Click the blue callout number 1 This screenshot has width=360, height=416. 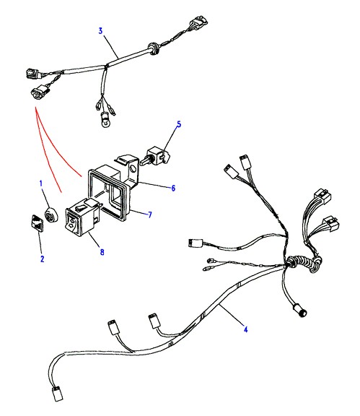click(41, 183)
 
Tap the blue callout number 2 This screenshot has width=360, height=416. click(42, 259)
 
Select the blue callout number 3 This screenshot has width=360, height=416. click(100, 31)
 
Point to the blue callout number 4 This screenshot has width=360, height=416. click(246, 329)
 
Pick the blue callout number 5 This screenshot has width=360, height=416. click(179, 124)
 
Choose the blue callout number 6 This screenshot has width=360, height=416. click(173, 188)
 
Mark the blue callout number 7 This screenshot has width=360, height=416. click(150, 214)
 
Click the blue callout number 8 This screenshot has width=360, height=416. click(102, 252)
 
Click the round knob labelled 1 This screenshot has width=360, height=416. click(50, 214)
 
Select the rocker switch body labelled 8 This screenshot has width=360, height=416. click(82, 217)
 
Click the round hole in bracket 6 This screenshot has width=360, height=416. click(133, 168)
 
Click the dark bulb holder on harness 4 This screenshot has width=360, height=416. click(300, 311)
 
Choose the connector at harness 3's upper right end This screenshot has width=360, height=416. click(199, 22)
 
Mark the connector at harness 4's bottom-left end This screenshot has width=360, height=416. click(57, 394)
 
